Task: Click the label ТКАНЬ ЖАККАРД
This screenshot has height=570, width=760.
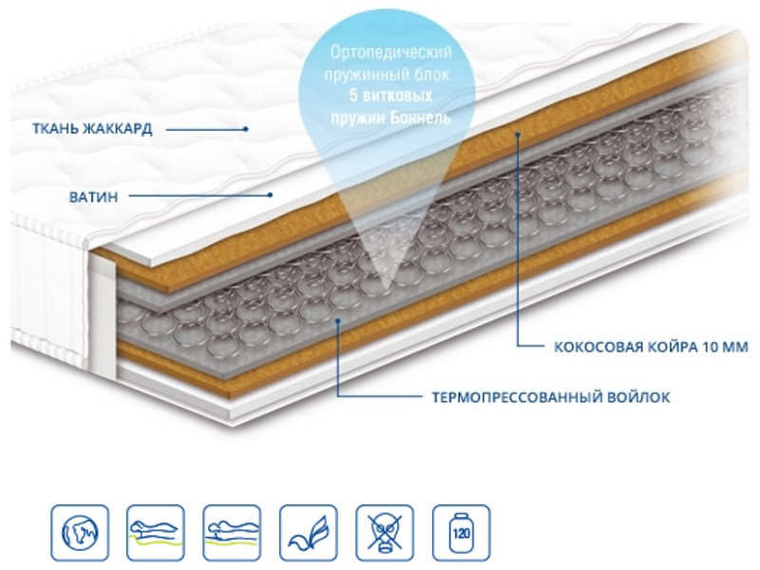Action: click(92, 129)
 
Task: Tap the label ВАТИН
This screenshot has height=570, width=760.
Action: click(93, 198)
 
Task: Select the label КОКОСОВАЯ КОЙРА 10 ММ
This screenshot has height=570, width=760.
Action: click(651, 347)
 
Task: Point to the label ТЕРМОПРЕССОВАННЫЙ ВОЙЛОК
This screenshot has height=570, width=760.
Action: click(551, 397)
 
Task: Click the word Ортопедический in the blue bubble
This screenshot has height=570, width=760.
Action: click(390, 52)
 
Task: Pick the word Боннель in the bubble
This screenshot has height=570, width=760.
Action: click(420, 117)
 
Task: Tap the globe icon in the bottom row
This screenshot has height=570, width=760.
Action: click(80, 533)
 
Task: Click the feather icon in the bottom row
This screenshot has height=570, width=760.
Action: click(308, 533)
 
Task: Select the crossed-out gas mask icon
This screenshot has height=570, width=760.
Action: click(385, 533)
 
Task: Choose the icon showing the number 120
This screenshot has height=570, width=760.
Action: click(462, 533)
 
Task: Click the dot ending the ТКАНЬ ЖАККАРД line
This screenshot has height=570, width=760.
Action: click(246, 129)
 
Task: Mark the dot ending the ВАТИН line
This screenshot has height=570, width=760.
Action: click(271, 196)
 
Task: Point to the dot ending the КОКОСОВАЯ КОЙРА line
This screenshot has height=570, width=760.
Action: click(518, 134)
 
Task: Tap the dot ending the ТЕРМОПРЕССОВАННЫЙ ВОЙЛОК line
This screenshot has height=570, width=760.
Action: click(338, 320)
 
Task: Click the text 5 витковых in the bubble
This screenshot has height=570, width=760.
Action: click(390, 96)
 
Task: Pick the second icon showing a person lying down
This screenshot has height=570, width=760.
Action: click(232, 533)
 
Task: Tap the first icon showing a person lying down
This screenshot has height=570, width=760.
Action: click(156, 533)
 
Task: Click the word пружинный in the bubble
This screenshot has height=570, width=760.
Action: click(360, 74)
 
